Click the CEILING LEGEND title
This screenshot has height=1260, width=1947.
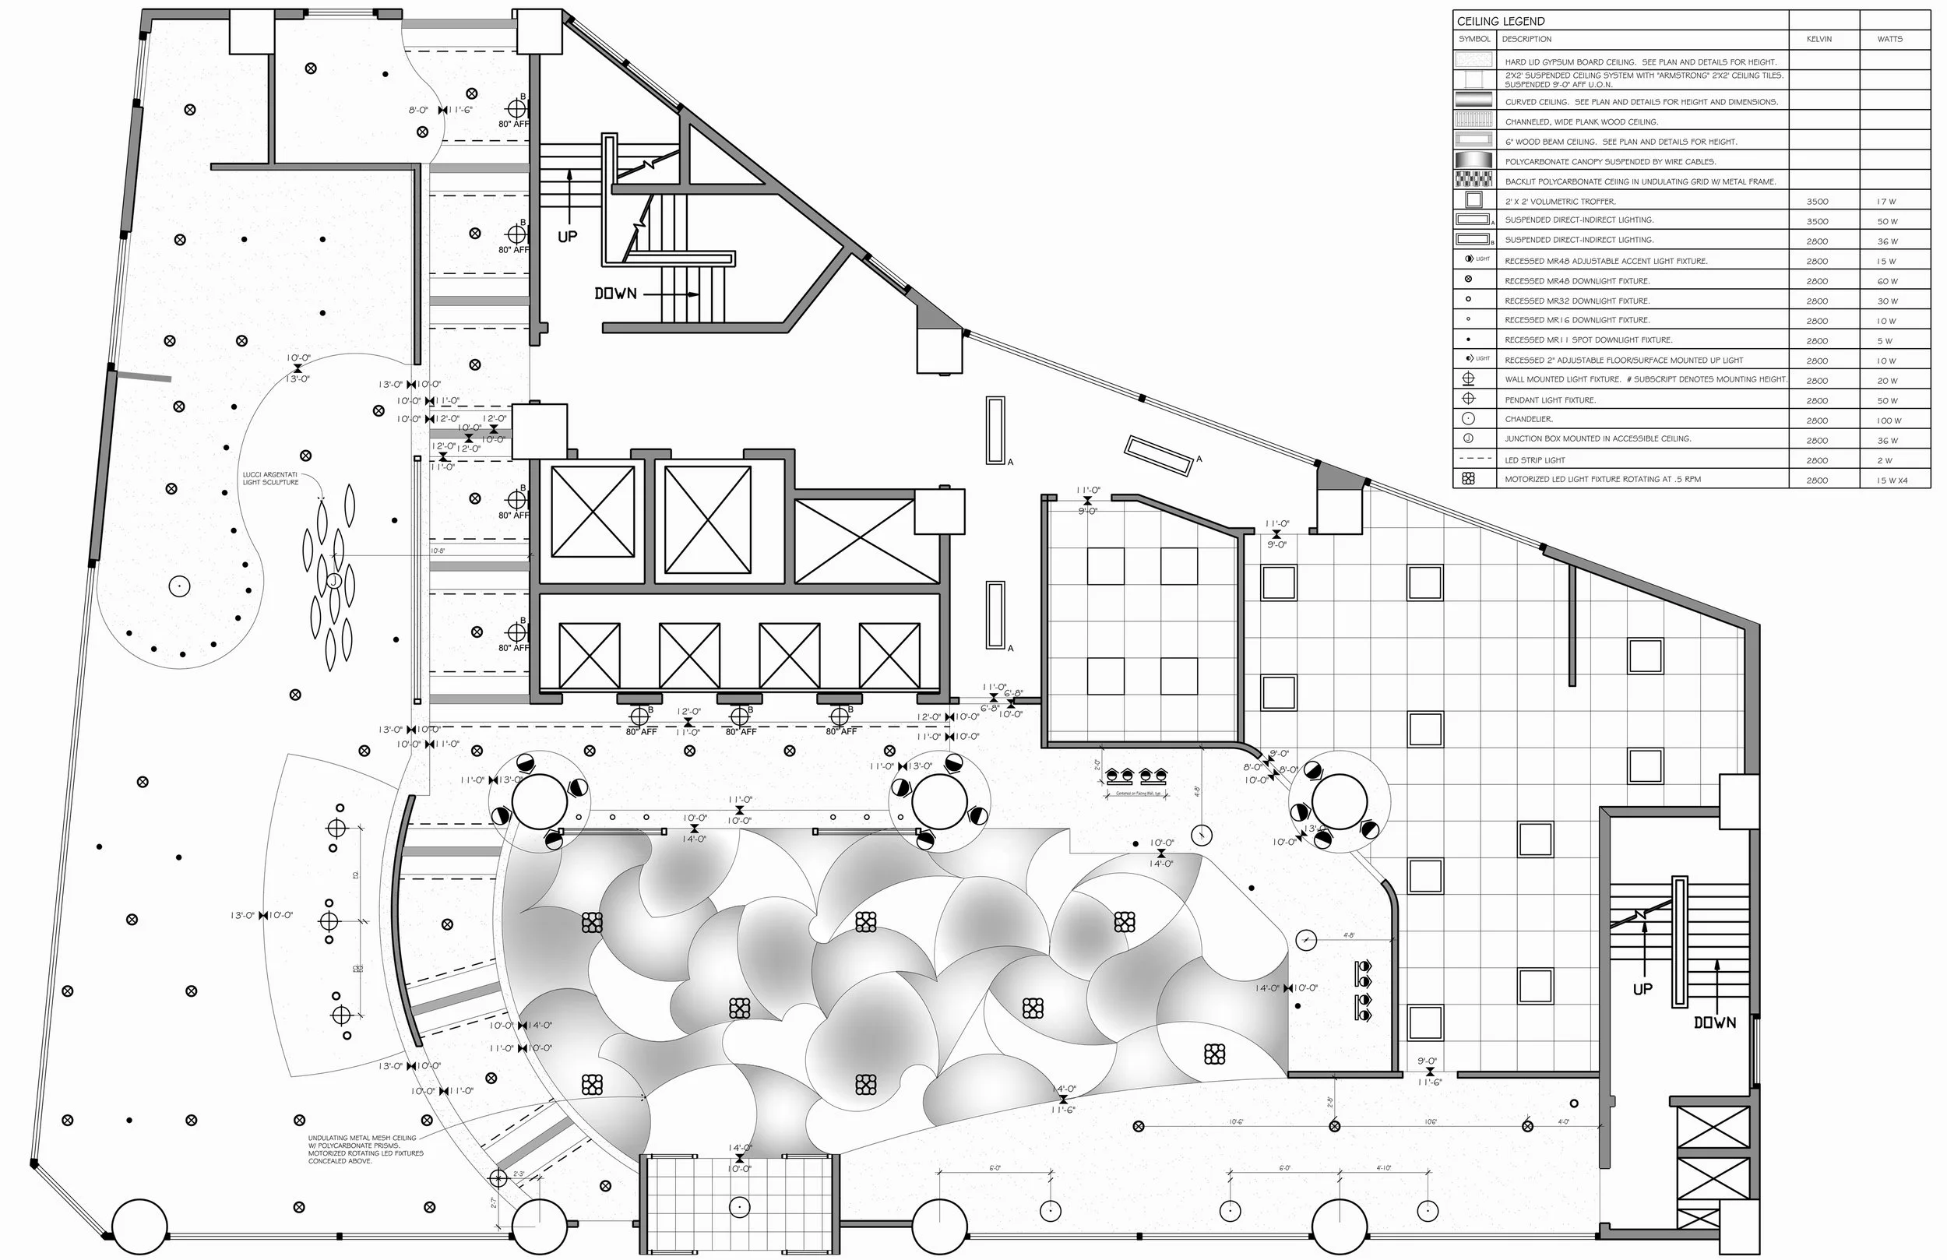(x=1500, y=21)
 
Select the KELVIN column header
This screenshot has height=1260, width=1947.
(x=1818, y=39)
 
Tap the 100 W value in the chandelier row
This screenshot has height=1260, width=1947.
(x=1889, y=421)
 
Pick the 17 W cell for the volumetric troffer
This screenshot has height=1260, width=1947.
(x=1886, y=201)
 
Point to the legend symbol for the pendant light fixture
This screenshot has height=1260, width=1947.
(x=1469, y=399)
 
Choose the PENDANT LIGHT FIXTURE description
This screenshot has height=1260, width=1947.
(x=1551, y=400)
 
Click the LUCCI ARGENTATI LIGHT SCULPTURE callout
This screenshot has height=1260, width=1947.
(x=271, y=479)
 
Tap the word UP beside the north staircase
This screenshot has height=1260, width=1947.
(x=567, y=237)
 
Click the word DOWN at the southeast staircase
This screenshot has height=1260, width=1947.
(x=1714, y=1022)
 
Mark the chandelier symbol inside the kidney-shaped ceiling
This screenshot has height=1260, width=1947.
(x=179, y=586)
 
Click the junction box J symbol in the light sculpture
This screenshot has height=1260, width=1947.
(x=334, y=580)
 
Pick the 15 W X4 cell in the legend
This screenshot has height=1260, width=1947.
(x=1892, y=480)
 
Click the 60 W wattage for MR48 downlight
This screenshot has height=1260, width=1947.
(x=1887, y=281)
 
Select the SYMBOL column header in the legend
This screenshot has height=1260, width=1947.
(x=1474, y=39)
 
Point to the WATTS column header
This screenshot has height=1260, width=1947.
(x=1889, y=39)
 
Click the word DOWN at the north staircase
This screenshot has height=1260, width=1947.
(x=615, y=294)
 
